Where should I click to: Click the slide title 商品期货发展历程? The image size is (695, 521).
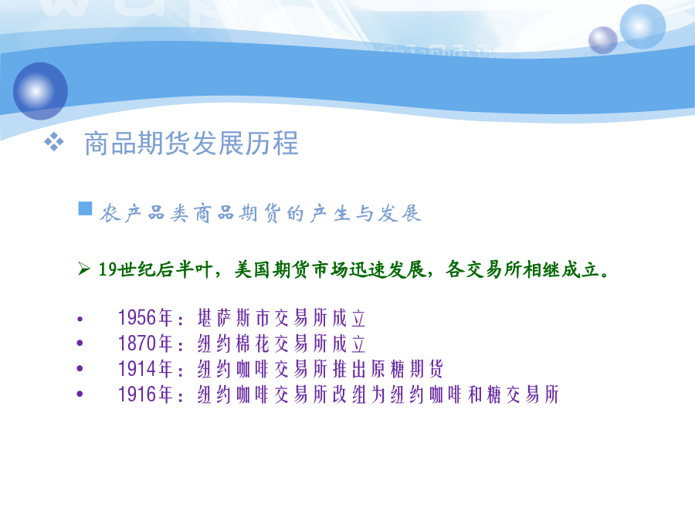pyautogui.click(x=191, y=144)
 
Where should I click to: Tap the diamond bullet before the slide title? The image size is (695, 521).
pyautogui.click(x=54, y=142)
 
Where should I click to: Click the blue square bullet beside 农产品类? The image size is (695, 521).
pyautogui.click(x=85, y=208)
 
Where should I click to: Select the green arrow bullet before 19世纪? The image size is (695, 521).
pyautogui.click(x=84, y=269)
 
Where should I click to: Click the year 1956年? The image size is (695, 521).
pyautogui.click(x=145, y=318)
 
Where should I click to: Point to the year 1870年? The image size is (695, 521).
pyautogui.click(x=145, y=343)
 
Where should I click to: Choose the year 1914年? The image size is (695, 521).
pyautogui.click(x=145, y=369)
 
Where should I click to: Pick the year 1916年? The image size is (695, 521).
pyautogui.click(x=145, y=394)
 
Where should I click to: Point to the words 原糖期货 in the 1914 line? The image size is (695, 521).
pyautogui.click(x=406, y=369)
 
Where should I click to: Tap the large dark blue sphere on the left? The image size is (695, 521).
pyautogui.click(x=40, y=91)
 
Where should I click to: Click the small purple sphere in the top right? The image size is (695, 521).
pyautogui.click(x=603, y=40)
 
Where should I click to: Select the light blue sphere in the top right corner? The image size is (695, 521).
pyautogui.click(x=642, y=25)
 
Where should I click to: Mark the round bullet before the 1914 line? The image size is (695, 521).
pyautogui.click(x=80, y=369)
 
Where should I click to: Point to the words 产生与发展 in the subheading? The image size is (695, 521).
pyautogui.click(x=366, y=214)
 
